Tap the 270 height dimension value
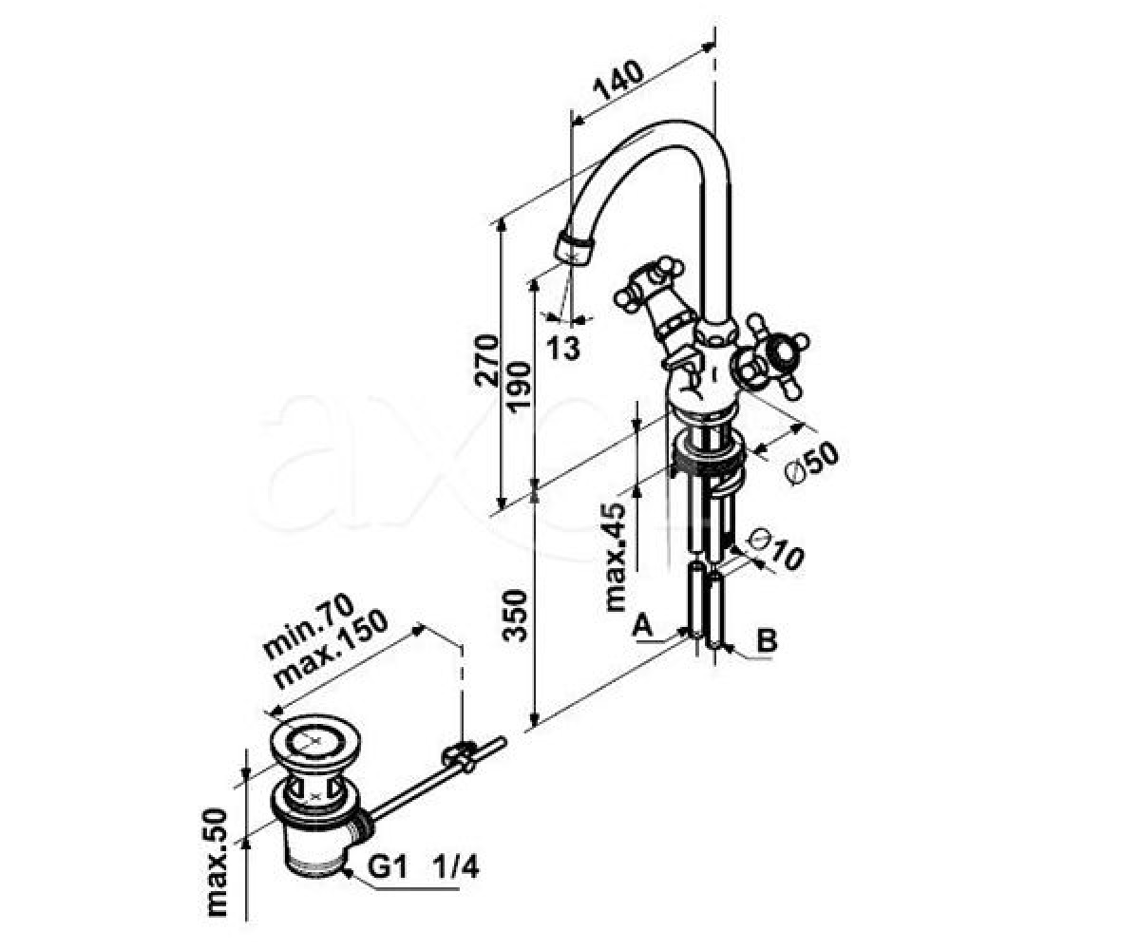tap(486, 361)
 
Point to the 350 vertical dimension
tap(516, 616)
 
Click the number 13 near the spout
tap(563, 348)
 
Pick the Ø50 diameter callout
tap(811, 462)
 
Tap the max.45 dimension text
tap(616, 557)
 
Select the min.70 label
tap(309, 626)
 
